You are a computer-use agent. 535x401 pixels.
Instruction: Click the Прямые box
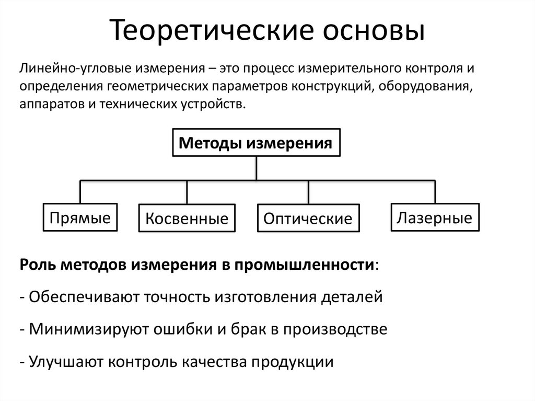(80, 217)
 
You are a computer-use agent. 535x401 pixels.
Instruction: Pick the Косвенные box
(187, 219)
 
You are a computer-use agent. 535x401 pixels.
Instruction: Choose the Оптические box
(308, 219)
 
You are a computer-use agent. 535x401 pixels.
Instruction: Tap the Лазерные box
(434, 217)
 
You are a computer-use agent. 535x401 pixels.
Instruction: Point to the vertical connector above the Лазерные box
(434, 192)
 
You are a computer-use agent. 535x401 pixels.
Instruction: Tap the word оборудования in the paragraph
(424, 86)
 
